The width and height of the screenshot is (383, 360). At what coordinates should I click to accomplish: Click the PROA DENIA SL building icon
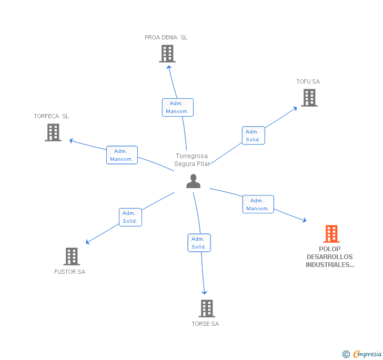167,54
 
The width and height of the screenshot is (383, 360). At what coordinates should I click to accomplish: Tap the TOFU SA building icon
309,97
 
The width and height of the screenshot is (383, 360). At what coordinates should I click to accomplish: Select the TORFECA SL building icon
53,132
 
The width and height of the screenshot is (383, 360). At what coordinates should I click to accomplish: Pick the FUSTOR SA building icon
71,256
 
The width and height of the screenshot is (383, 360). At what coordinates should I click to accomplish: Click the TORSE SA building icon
207,308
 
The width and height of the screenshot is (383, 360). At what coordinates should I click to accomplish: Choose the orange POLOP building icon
331,233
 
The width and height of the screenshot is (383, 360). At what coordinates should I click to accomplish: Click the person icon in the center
193,181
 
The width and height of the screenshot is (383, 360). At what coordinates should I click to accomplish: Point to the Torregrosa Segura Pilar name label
192,160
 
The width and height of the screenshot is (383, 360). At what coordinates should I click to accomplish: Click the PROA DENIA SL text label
166,37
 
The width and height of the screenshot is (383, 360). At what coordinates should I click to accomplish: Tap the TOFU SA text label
308,81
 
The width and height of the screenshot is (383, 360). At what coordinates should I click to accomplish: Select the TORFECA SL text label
52,116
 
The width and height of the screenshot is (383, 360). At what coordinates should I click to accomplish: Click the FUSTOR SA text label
69,272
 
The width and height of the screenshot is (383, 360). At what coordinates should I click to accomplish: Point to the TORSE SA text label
205,324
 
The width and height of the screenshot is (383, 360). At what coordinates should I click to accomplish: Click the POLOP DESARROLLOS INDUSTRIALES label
330,257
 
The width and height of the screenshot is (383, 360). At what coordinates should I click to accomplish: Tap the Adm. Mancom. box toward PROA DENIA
177,107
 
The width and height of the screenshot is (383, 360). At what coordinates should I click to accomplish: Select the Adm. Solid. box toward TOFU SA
253,136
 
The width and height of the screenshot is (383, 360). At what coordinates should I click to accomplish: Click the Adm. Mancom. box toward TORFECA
122,155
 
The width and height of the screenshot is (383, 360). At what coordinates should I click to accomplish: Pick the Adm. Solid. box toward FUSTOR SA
130,217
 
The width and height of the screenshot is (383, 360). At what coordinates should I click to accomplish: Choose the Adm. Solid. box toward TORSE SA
199,243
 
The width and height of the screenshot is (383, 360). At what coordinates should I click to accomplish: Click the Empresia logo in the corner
362,354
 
